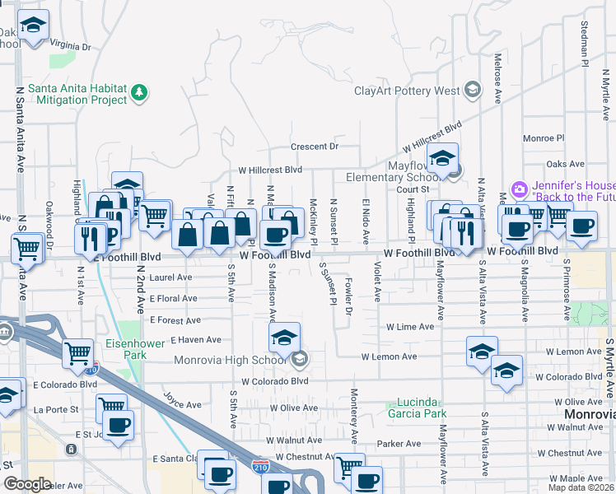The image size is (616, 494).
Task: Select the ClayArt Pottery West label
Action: (408, 91)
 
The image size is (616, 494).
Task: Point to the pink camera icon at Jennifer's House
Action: (519, 189)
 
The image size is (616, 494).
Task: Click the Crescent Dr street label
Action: (314, 147)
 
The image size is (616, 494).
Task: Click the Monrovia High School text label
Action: (231, 359)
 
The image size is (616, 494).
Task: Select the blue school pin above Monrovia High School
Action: (284, 338)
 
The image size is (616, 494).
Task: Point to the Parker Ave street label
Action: (399, 444)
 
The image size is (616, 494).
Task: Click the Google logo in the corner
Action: (27, 484)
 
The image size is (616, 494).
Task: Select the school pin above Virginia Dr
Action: (33, 28)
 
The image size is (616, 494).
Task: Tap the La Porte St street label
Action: (56, 408)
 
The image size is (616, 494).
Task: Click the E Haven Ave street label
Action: (195, 339)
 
